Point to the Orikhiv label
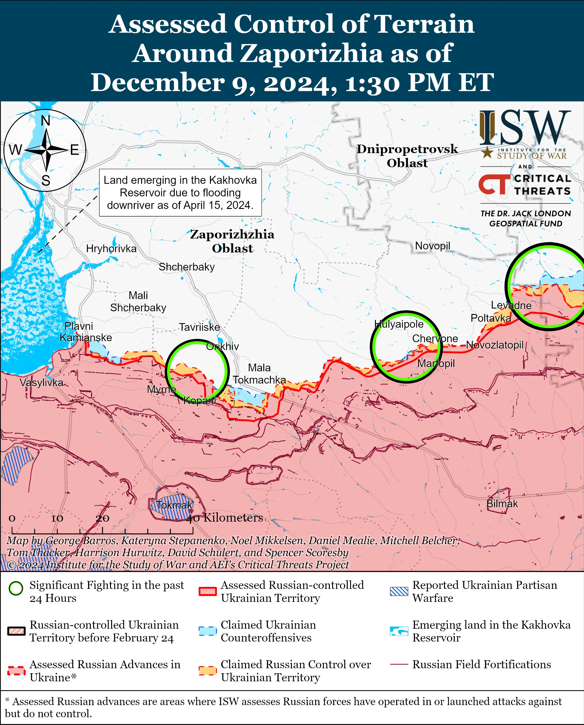[x=222, y=346]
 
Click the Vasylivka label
[x=41, y=382]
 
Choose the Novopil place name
[x=432, y=246]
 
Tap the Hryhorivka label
[x=111, y=249]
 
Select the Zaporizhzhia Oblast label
[x=232, y=241]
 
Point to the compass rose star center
[x=46, y=150]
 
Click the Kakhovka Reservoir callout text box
[x=180, y=192]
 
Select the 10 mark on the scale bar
[x=57, y=518]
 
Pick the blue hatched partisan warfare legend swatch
[x=399, y=591]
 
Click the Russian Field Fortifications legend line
[x=399, y=664]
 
